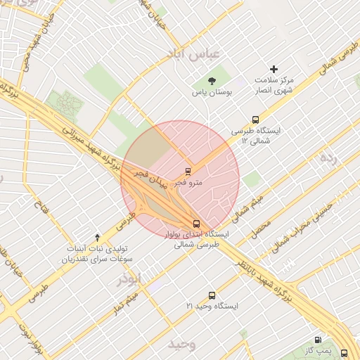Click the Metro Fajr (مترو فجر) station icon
[188, 171]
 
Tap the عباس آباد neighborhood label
[193, 55]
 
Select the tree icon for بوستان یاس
[212, 80]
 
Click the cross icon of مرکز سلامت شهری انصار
[274, 69]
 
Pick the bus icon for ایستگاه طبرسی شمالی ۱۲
[255, 120]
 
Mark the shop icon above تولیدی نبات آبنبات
[97, 238]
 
